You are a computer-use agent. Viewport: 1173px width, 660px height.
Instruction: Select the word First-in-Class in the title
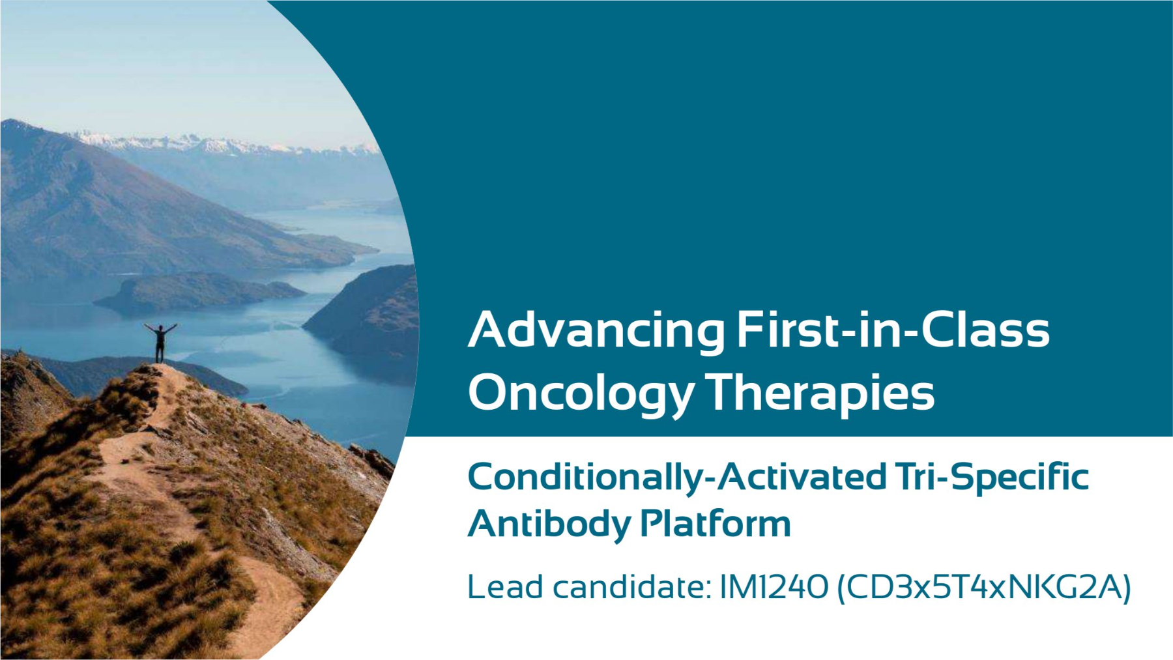[x=893, y=329]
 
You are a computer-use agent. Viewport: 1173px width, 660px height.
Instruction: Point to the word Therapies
[x=820, y=393]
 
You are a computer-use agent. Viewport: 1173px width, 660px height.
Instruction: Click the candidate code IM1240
[x=774, y=587]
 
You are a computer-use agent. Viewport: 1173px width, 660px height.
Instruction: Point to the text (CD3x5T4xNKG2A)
[x=984, y=588]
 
